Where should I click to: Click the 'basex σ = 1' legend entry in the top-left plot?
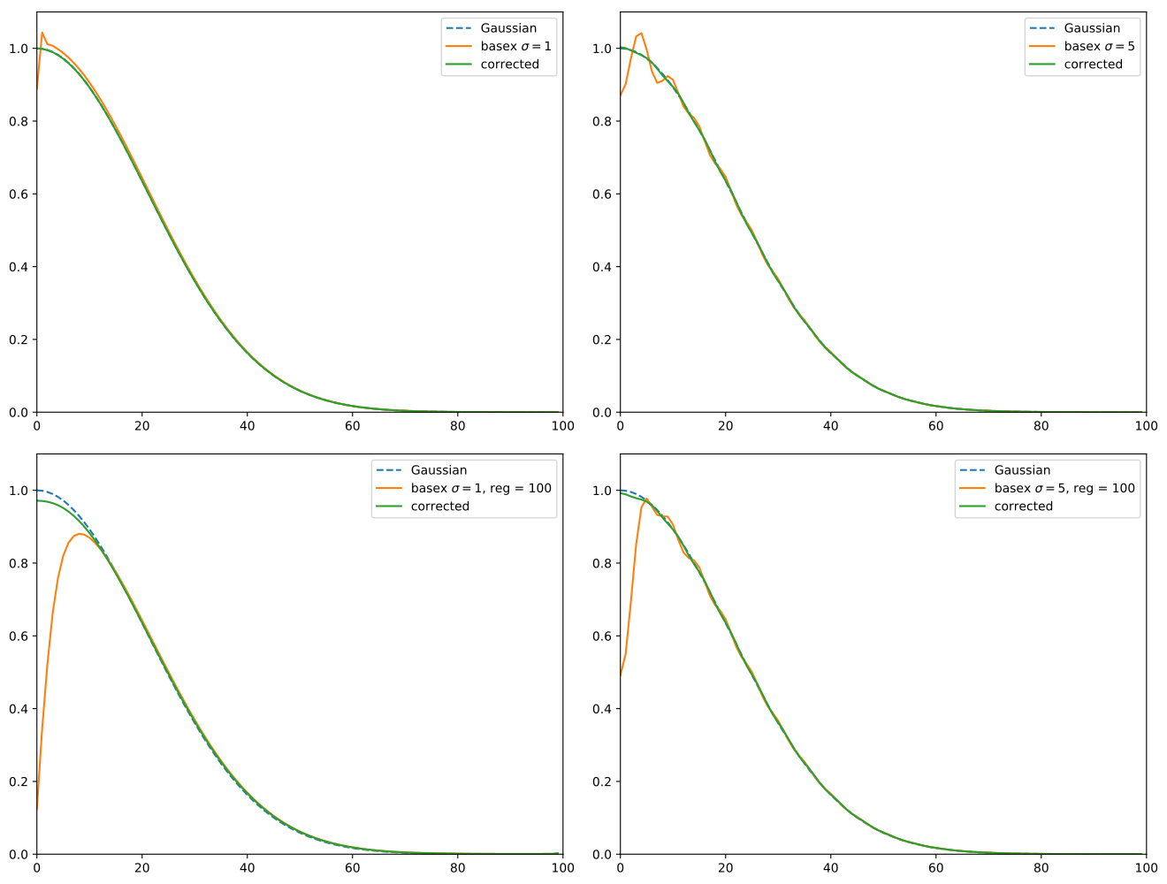click(515, 46)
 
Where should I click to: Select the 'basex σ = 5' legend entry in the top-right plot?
click(1099, 46)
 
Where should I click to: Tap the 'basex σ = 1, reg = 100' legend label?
click(481, 488)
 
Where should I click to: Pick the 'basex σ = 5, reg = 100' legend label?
click(1064, 488)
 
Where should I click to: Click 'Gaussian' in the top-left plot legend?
click(508, 28)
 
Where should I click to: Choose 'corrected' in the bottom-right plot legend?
click(1023, 506)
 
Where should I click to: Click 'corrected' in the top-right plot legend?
click(1093, 64)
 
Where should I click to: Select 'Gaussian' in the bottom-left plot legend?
click(439, 470)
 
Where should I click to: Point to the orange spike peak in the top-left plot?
click(42, 33)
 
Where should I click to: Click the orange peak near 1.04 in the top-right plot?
click(641, 34)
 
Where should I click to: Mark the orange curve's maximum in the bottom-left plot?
click(80, 534)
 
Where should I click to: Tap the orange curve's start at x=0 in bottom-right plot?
click(621, 676)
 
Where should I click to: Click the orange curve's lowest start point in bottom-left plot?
click(37, 810)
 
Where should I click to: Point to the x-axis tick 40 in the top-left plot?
click(247, 425)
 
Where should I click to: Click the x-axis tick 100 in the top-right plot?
click(1146, 425)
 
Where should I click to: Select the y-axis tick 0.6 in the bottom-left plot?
click(19, 636)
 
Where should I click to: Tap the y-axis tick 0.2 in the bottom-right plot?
click(602, 781)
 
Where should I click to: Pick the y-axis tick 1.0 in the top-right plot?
click(602, 49)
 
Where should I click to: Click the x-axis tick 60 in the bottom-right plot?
click(935, 867)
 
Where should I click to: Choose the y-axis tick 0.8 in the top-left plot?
click(19, 121)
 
